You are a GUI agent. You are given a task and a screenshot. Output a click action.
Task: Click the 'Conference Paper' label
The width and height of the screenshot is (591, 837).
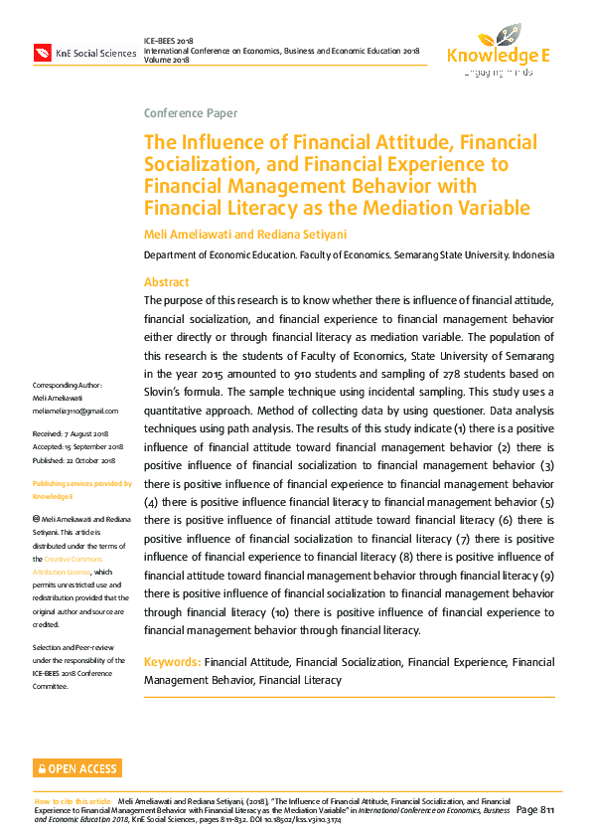point(191,112)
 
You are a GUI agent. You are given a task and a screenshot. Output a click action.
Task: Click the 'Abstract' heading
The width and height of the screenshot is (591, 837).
point(166,282)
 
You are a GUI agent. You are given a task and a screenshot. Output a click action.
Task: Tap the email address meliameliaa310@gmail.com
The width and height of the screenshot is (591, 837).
point(75,411)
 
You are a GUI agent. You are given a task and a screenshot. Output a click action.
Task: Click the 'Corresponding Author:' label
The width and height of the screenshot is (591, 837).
point(68,385)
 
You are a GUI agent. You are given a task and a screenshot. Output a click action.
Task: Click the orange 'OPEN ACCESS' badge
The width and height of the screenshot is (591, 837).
point(77,768)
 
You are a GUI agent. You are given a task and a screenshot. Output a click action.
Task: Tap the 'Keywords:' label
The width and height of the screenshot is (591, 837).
point(173,661)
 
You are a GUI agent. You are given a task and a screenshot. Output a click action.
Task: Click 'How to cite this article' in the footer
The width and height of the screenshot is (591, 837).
point(74,800)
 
